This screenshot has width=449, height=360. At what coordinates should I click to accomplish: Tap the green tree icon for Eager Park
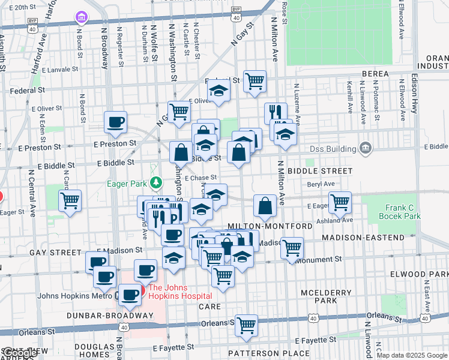[156, 182]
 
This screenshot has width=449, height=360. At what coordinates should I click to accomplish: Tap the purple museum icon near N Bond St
[80, 18]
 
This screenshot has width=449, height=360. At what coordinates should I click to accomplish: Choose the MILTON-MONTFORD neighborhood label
[270, 226]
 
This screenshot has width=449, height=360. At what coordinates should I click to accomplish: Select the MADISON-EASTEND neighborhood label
[363, 238]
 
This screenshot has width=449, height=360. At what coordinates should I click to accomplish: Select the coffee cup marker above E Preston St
[116, 122]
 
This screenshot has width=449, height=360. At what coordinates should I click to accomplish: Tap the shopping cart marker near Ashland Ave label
[340, 202]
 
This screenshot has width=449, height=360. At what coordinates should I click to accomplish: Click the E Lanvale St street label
[59, 69]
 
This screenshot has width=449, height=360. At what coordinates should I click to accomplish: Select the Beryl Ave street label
[321, 185]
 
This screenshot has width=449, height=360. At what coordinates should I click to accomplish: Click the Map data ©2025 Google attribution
[412, 355]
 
